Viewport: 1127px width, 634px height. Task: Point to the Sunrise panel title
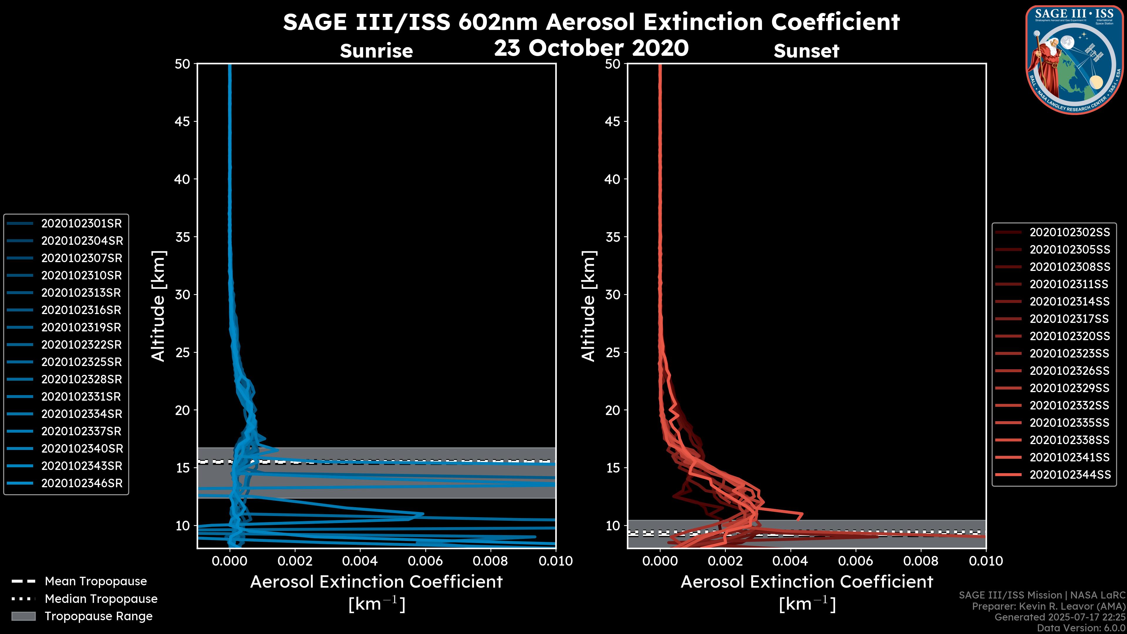(376, 51)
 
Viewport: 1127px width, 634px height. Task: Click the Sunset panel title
(806, 51)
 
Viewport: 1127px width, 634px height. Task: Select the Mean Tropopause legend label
(96, 581)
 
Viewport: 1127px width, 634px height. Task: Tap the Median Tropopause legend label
(101, 599)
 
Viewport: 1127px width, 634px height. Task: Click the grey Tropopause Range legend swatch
(23, 616)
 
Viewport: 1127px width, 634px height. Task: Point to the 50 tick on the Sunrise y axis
(183, 64)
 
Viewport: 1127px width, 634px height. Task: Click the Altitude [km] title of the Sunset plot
(588, 306)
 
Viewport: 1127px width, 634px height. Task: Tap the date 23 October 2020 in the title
(591, 48)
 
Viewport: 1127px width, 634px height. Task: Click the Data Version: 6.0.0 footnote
(1082, 628)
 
